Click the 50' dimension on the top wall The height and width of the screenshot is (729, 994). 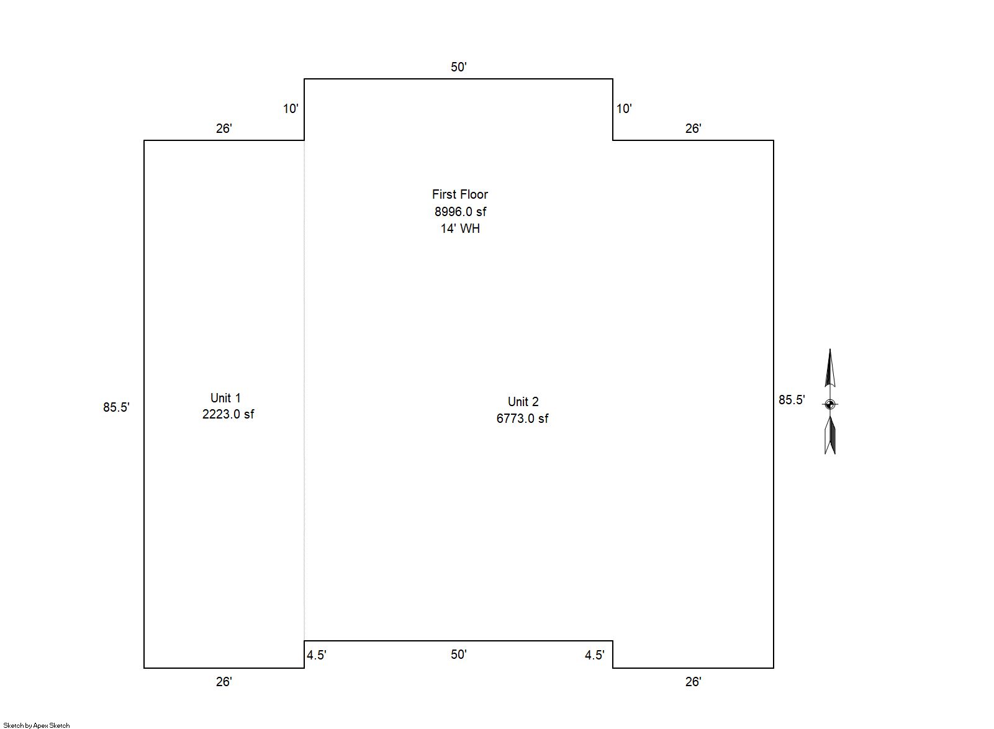point(459,67)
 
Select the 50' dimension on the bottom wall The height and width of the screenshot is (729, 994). point(459,654)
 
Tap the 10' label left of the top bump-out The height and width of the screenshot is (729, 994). point(291,109)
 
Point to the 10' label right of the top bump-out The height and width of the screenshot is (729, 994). point(624,109)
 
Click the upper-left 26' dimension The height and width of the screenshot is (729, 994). point(224,129)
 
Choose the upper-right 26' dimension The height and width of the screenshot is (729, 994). point(693,129)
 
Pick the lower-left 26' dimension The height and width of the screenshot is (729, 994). point(224,682)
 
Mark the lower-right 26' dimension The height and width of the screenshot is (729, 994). point(693,682)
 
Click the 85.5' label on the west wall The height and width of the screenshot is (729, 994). point(116,407)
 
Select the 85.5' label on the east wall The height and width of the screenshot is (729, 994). point(792,400)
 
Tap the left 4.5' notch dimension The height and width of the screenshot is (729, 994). point(317,655)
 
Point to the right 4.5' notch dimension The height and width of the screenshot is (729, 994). point(595,655)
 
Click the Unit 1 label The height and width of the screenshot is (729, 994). point(225,397)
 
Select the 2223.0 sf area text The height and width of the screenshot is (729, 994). point(228,414)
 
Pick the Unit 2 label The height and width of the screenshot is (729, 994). point(523,402)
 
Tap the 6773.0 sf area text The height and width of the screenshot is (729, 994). point(522,419)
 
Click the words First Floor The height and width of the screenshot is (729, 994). point(460,194)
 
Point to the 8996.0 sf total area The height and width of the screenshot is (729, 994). point(460,212)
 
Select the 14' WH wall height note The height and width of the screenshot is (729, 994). point(460,229)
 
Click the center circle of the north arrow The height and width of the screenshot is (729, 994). point(830,404)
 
